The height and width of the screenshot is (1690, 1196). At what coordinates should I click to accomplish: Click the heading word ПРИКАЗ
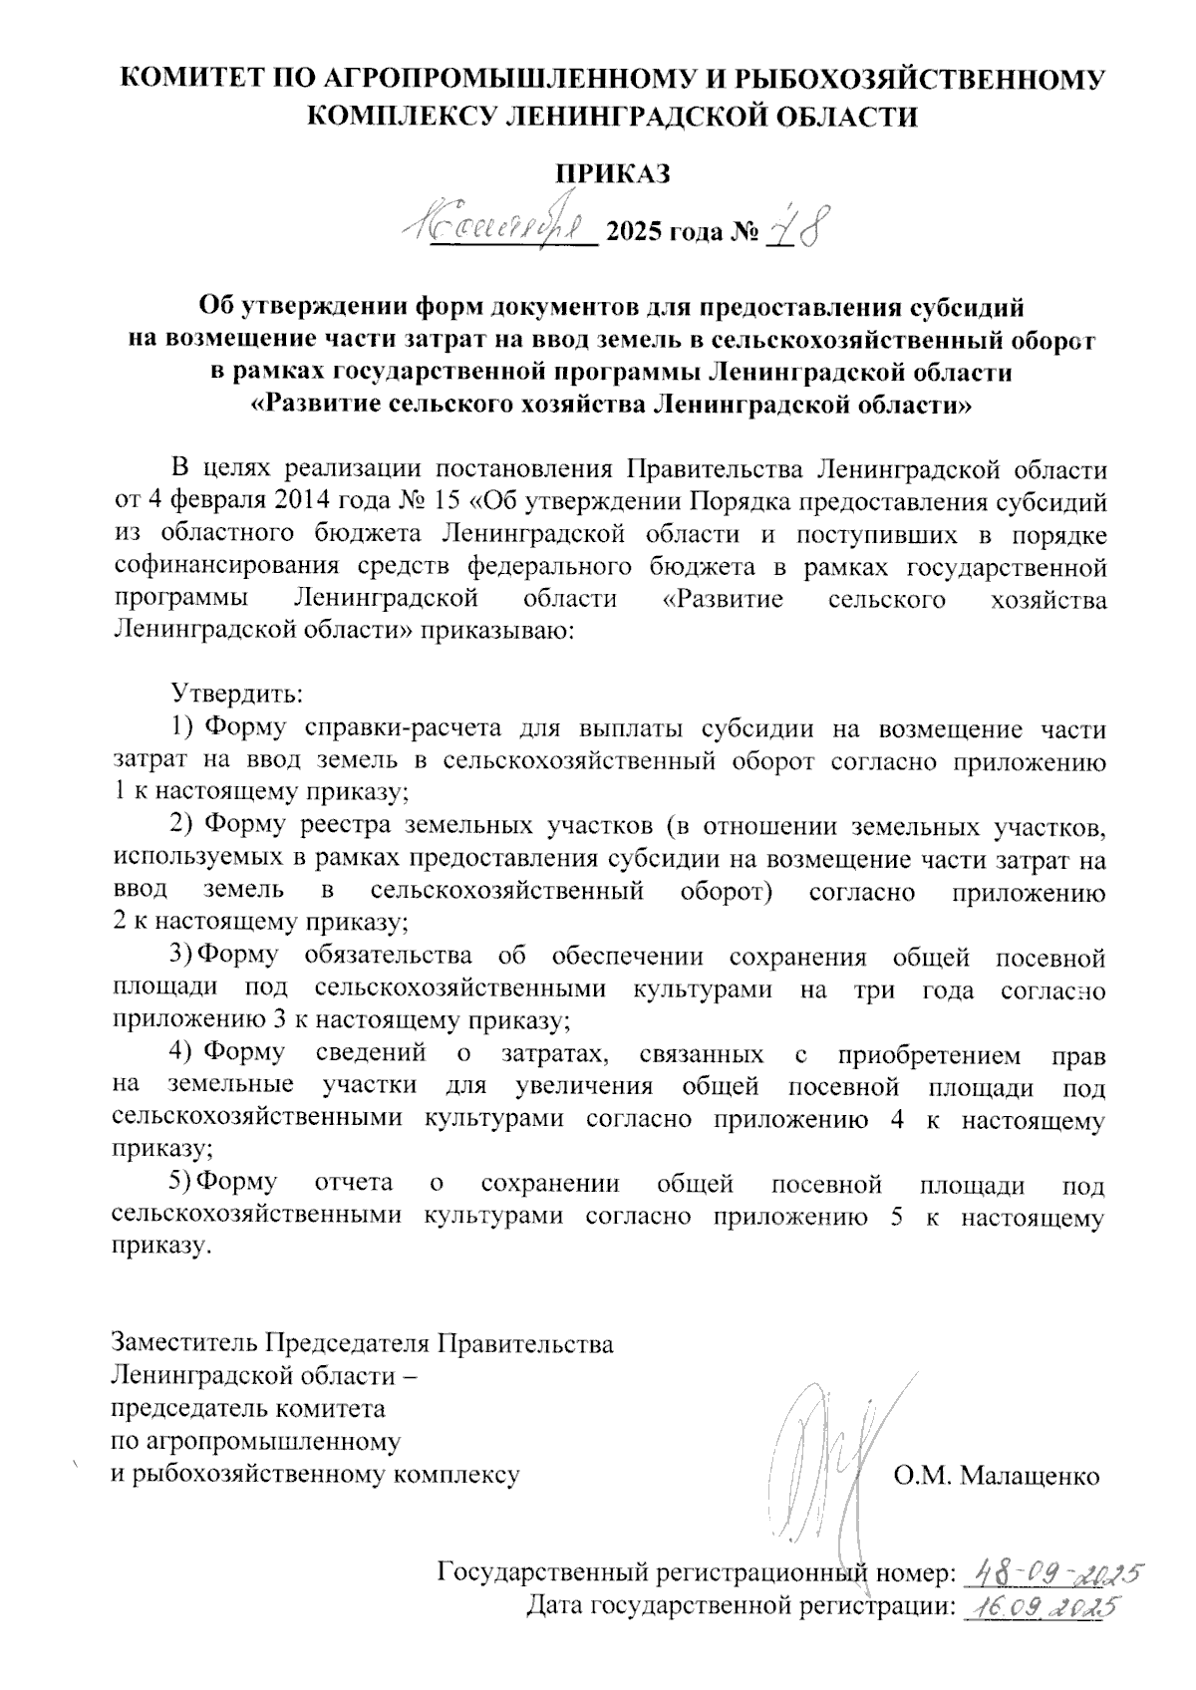(x=613, y=172)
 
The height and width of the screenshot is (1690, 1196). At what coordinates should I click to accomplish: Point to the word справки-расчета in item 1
(x=384, y=729)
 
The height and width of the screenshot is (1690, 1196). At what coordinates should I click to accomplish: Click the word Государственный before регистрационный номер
(x=539, y=1573)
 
